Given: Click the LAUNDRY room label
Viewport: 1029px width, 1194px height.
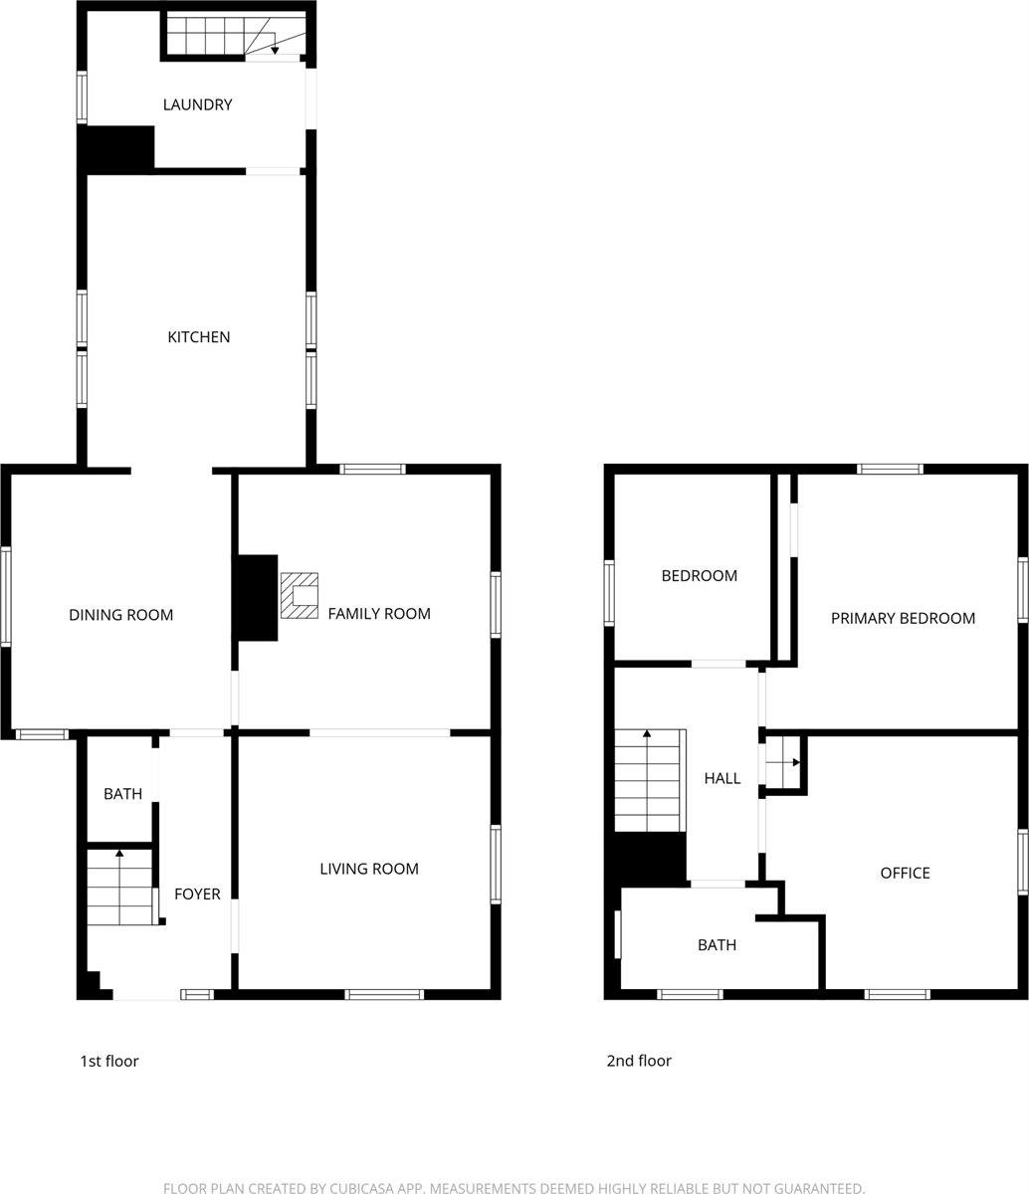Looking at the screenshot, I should [x=197, y=104].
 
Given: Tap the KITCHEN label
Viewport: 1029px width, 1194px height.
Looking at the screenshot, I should [x=198, y=337].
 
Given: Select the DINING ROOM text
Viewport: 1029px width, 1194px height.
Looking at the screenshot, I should [x=120, y=615].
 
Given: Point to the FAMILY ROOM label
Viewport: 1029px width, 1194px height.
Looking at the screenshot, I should [x=379, y=614].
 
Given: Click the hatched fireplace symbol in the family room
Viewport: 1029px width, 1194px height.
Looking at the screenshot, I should [x=300, y=595].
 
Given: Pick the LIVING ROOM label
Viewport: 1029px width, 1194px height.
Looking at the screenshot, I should [x=368, y=869].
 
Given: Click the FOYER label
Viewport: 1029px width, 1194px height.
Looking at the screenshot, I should [x=197, y=895].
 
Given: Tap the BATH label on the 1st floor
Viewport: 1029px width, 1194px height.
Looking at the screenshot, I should [x=122, y=794].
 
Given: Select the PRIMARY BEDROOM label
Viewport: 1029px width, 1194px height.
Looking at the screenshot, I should [x=903, y=618].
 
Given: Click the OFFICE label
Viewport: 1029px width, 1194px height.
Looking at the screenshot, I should [x=905, y=873].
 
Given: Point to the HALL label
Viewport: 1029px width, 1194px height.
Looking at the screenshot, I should [x=722, y=778].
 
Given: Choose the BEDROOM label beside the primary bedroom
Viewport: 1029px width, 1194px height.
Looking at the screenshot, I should [x=699, y=575].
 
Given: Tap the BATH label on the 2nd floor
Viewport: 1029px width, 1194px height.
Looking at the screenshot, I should [x=717, y=945].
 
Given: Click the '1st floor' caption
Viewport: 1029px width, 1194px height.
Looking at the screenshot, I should [x=109, y=1061].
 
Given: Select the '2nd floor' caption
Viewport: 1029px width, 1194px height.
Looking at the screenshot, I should [x=639, y=1061].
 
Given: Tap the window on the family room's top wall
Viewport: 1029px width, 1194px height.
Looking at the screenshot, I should [x=372, y=469].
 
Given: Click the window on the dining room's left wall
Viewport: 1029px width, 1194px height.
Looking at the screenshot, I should [x=6, y=597].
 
